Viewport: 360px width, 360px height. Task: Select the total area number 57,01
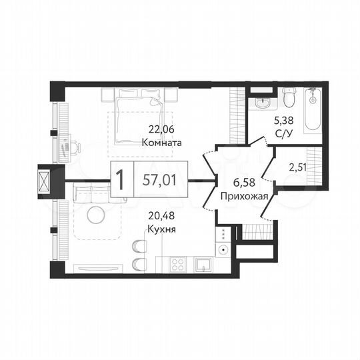[159, 180]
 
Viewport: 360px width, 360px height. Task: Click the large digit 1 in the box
[120, 180]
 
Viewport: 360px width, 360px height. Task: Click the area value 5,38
[282, 121]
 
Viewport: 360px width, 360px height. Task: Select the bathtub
[313, 110]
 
